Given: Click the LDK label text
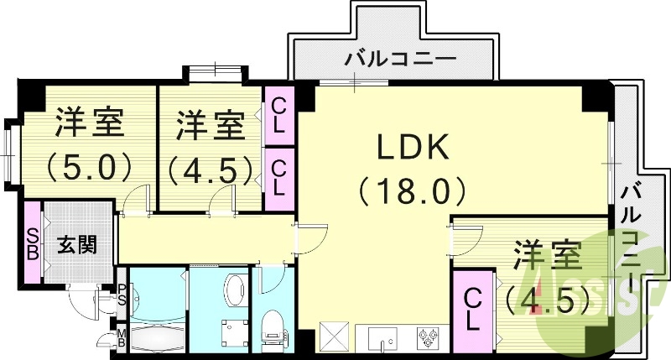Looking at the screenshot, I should (414, 149).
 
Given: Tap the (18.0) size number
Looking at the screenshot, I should (414, 192).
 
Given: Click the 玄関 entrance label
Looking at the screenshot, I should (76, 245).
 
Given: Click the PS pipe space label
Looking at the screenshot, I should (122, 294).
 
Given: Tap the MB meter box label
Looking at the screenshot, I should (122, 338).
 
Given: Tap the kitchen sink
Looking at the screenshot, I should (385, 341).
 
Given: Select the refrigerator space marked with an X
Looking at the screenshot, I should (334, 339).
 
